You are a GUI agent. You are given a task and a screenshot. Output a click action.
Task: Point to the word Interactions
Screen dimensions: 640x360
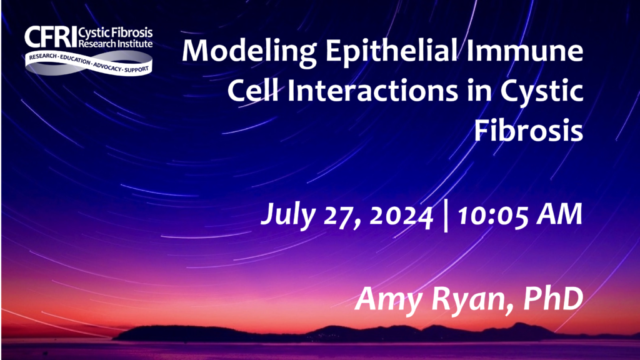coord(372,91)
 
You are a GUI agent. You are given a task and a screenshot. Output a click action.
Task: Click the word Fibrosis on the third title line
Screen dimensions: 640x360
coord(528,130)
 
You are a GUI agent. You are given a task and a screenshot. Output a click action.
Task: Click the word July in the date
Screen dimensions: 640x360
coord(288,215)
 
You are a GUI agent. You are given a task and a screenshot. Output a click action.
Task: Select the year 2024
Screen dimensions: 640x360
coord(401,215)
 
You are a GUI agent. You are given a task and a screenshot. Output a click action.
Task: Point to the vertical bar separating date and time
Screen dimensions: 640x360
coord(445,216)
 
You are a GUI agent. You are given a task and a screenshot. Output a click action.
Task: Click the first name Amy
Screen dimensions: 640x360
coord(388,300)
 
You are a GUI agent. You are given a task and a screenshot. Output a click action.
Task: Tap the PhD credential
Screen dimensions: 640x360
coord(553,299)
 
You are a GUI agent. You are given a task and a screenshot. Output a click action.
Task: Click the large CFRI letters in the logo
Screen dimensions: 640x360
coord(51,37)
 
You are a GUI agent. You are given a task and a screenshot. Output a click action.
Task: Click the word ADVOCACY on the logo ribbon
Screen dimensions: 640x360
coord(107,66)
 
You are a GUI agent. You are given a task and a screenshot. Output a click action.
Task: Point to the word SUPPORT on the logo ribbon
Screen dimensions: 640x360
coord(136,70)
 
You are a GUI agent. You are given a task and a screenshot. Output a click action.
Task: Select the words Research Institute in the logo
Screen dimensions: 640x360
coord(116,43)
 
